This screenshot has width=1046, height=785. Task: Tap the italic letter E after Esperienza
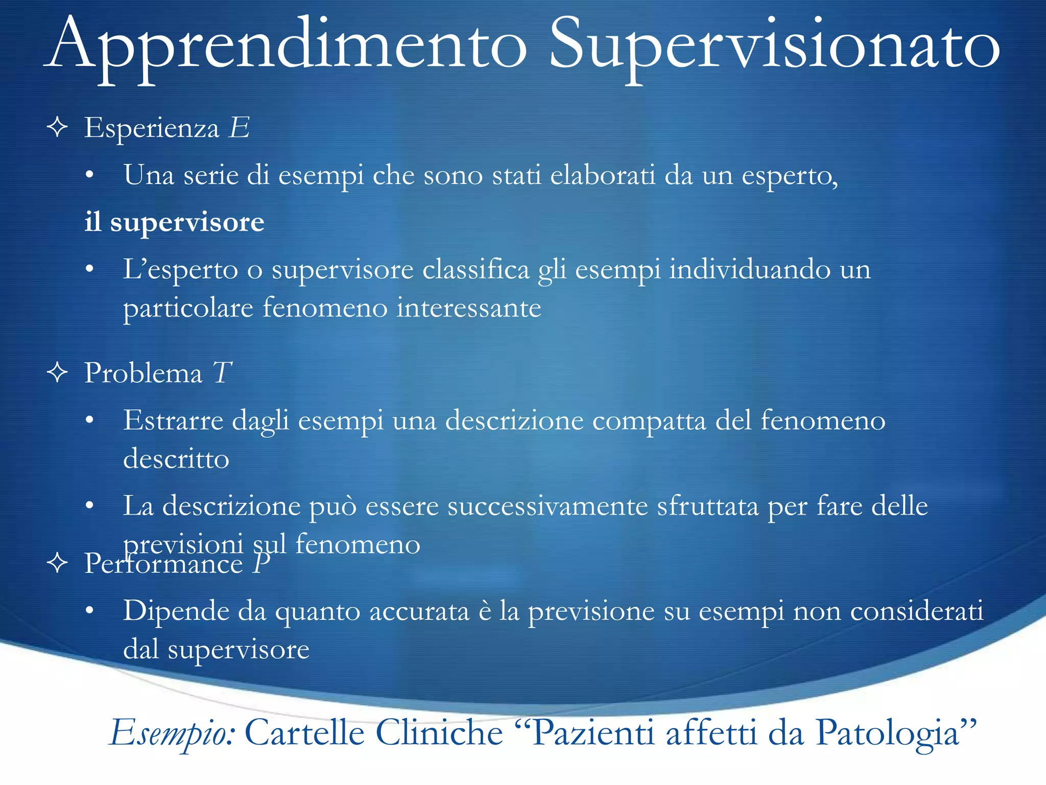tap(239, 127)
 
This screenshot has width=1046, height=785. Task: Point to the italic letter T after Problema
tap(223, 373)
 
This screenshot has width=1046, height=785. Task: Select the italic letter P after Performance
tap(260, 563)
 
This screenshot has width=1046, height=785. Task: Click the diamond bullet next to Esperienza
tap(57, 127)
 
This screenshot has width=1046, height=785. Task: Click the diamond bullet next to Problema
tap(57, 373)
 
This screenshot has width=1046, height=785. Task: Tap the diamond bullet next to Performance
tap(57, 563)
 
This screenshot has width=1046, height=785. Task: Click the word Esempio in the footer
tap(172, 733)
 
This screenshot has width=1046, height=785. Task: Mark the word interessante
tap(468, 308)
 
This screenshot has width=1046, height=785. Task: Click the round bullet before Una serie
tap(90, 176)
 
